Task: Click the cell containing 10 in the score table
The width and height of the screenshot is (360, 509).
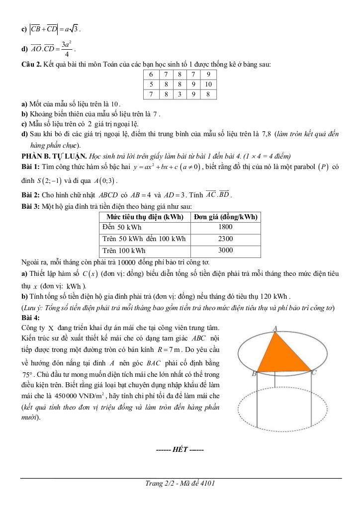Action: [x=208, y=85]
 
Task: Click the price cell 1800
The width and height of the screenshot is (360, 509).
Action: [x=225, y=227]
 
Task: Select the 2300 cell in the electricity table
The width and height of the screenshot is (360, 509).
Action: [x=225, y=239]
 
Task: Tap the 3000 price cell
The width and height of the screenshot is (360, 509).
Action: [x=225, y=251]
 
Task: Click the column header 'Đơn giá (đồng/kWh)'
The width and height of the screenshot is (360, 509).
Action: [x=225, y=217]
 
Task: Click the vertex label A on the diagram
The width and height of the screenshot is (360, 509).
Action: [x=275, y=328]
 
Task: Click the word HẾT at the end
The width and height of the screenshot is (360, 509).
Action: [x=180, y=449]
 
